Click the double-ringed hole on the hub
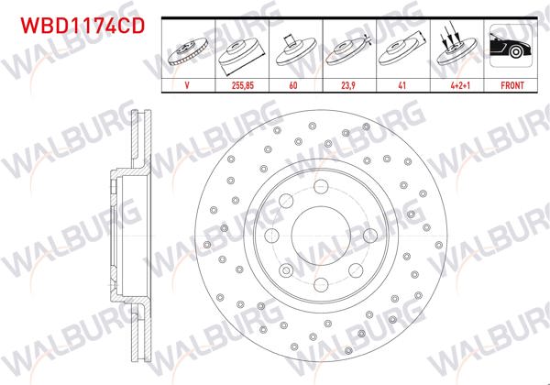pyautogui.click(x=288, y=269)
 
